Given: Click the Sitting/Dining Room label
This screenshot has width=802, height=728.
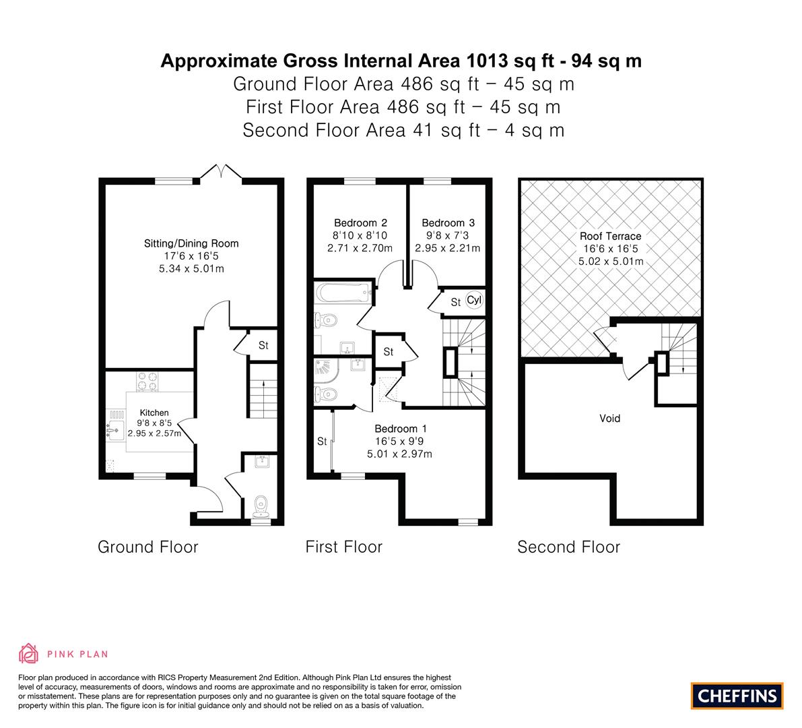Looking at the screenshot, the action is [191, 244].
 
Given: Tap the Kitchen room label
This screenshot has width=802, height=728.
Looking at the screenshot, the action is [154, 413].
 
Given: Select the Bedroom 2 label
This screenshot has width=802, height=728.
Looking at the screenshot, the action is [360, 222].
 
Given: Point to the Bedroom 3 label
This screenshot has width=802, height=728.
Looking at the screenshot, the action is [448, 222].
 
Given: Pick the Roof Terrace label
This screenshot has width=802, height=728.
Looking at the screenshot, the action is [610, 236].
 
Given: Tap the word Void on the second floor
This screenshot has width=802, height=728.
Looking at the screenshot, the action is [609, 419].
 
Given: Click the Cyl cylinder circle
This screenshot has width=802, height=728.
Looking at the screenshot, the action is [474, 300].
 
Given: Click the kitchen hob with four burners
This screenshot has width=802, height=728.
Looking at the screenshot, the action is [147, 382].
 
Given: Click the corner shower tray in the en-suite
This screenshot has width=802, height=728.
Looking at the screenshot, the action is [327, 372].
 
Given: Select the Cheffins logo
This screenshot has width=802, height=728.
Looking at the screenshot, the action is [737, 696].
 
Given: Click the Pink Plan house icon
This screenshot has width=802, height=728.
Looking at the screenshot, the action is [29, 653].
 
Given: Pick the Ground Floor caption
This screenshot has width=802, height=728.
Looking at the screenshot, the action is [148, 547].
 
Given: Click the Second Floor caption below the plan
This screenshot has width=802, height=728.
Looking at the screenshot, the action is [569, 547].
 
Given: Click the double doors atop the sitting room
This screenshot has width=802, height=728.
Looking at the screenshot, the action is [221, 171].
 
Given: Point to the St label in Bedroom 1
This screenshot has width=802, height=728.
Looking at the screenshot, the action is [322, 442].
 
